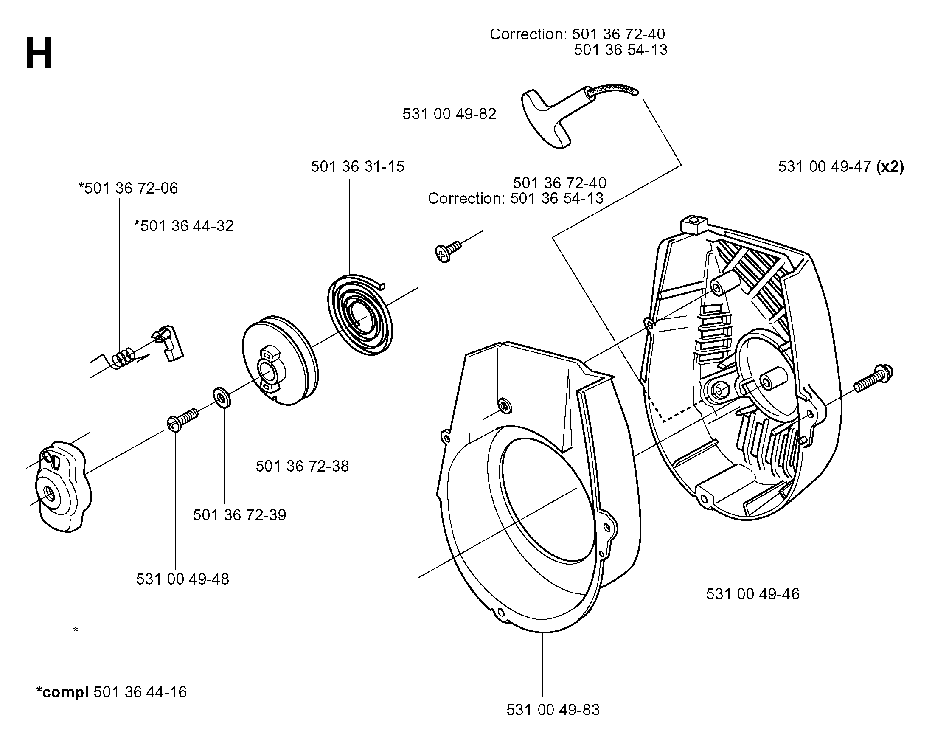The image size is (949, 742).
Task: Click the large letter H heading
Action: [x=39, y=53]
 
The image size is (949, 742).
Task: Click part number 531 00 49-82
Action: [x=449, y=114]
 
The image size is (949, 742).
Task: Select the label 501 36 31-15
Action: [x=358, y=166]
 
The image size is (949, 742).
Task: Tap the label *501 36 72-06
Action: [x=128, y=188]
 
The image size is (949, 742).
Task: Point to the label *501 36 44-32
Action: [x=184, y=226]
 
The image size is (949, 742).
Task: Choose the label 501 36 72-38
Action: [x=302, y=467]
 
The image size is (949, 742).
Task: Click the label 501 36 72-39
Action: [x=239, y=515]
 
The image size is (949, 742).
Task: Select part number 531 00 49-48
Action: [x=182, y=579]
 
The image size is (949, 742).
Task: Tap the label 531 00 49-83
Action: [x=553, y=710]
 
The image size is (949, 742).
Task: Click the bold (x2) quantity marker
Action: [x=890, y=166]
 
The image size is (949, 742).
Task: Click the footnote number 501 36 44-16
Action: [x=140, y=692]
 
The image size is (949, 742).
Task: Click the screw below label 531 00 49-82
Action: [x=448, y=251]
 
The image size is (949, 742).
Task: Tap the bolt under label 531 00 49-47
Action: [x=873, y=378]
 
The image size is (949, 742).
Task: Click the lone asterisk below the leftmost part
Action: [x=76, y=630]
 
